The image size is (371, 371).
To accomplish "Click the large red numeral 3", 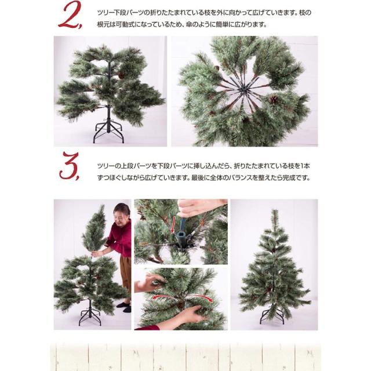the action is tap(70, 166).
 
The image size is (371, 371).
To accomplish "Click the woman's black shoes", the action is tap(125, 307).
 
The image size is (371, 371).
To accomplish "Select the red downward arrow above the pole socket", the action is tap(174, 224).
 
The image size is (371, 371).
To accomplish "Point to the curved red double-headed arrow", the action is tap(182, 297).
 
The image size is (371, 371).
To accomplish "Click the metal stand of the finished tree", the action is tap(272, 317).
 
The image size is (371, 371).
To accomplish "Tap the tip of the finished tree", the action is tap(274, 210).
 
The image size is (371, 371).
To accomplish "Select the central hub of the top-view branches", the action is tap(243, 90).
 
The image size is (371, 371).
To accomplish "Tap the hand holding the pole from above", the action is tap(200, 208).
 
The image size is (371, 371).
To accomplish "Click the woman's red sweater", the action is tap(120, 238).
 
